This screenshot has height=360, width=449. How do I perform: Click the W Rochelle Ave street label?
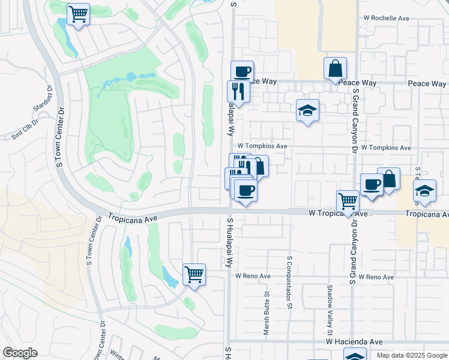(386, 19)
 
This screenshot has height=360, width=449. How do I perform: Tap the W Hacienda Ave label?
(354, 341)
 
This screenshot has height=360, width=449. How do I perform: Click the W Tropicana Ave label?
(338, 213)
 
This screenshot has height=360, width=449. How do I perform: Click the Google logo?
(20, 353)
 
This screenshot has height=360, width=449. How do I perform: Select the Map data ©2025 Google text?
(411, 355)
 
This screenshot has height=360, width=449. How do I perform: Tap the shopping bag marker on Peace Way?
(335, 68)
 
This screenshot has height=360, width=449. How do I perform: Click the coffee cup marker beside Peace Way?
(242, 72)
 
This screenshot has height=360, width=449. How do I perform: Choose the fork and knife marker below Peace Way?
(238, 91)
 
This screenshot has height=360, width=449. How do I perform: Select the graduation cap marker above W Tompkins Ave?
(307, 110)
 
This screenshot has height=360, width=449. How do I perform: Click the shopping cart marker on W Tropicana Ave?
(348, 202)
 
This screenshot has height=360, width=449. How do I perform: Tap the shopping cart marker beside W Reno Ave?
(194, 275)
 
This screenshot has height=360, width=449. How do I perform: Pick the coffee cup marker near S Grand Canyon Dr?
(371, 184)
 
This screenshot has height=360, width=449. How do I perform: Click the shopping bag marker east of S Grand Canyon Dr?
(389, 178)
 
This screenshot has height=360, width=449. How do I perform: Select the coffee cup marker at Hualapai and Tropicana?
(245, 191)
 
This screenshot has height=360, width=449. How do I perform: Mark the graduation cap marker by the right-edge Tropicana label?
(424, 191)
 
